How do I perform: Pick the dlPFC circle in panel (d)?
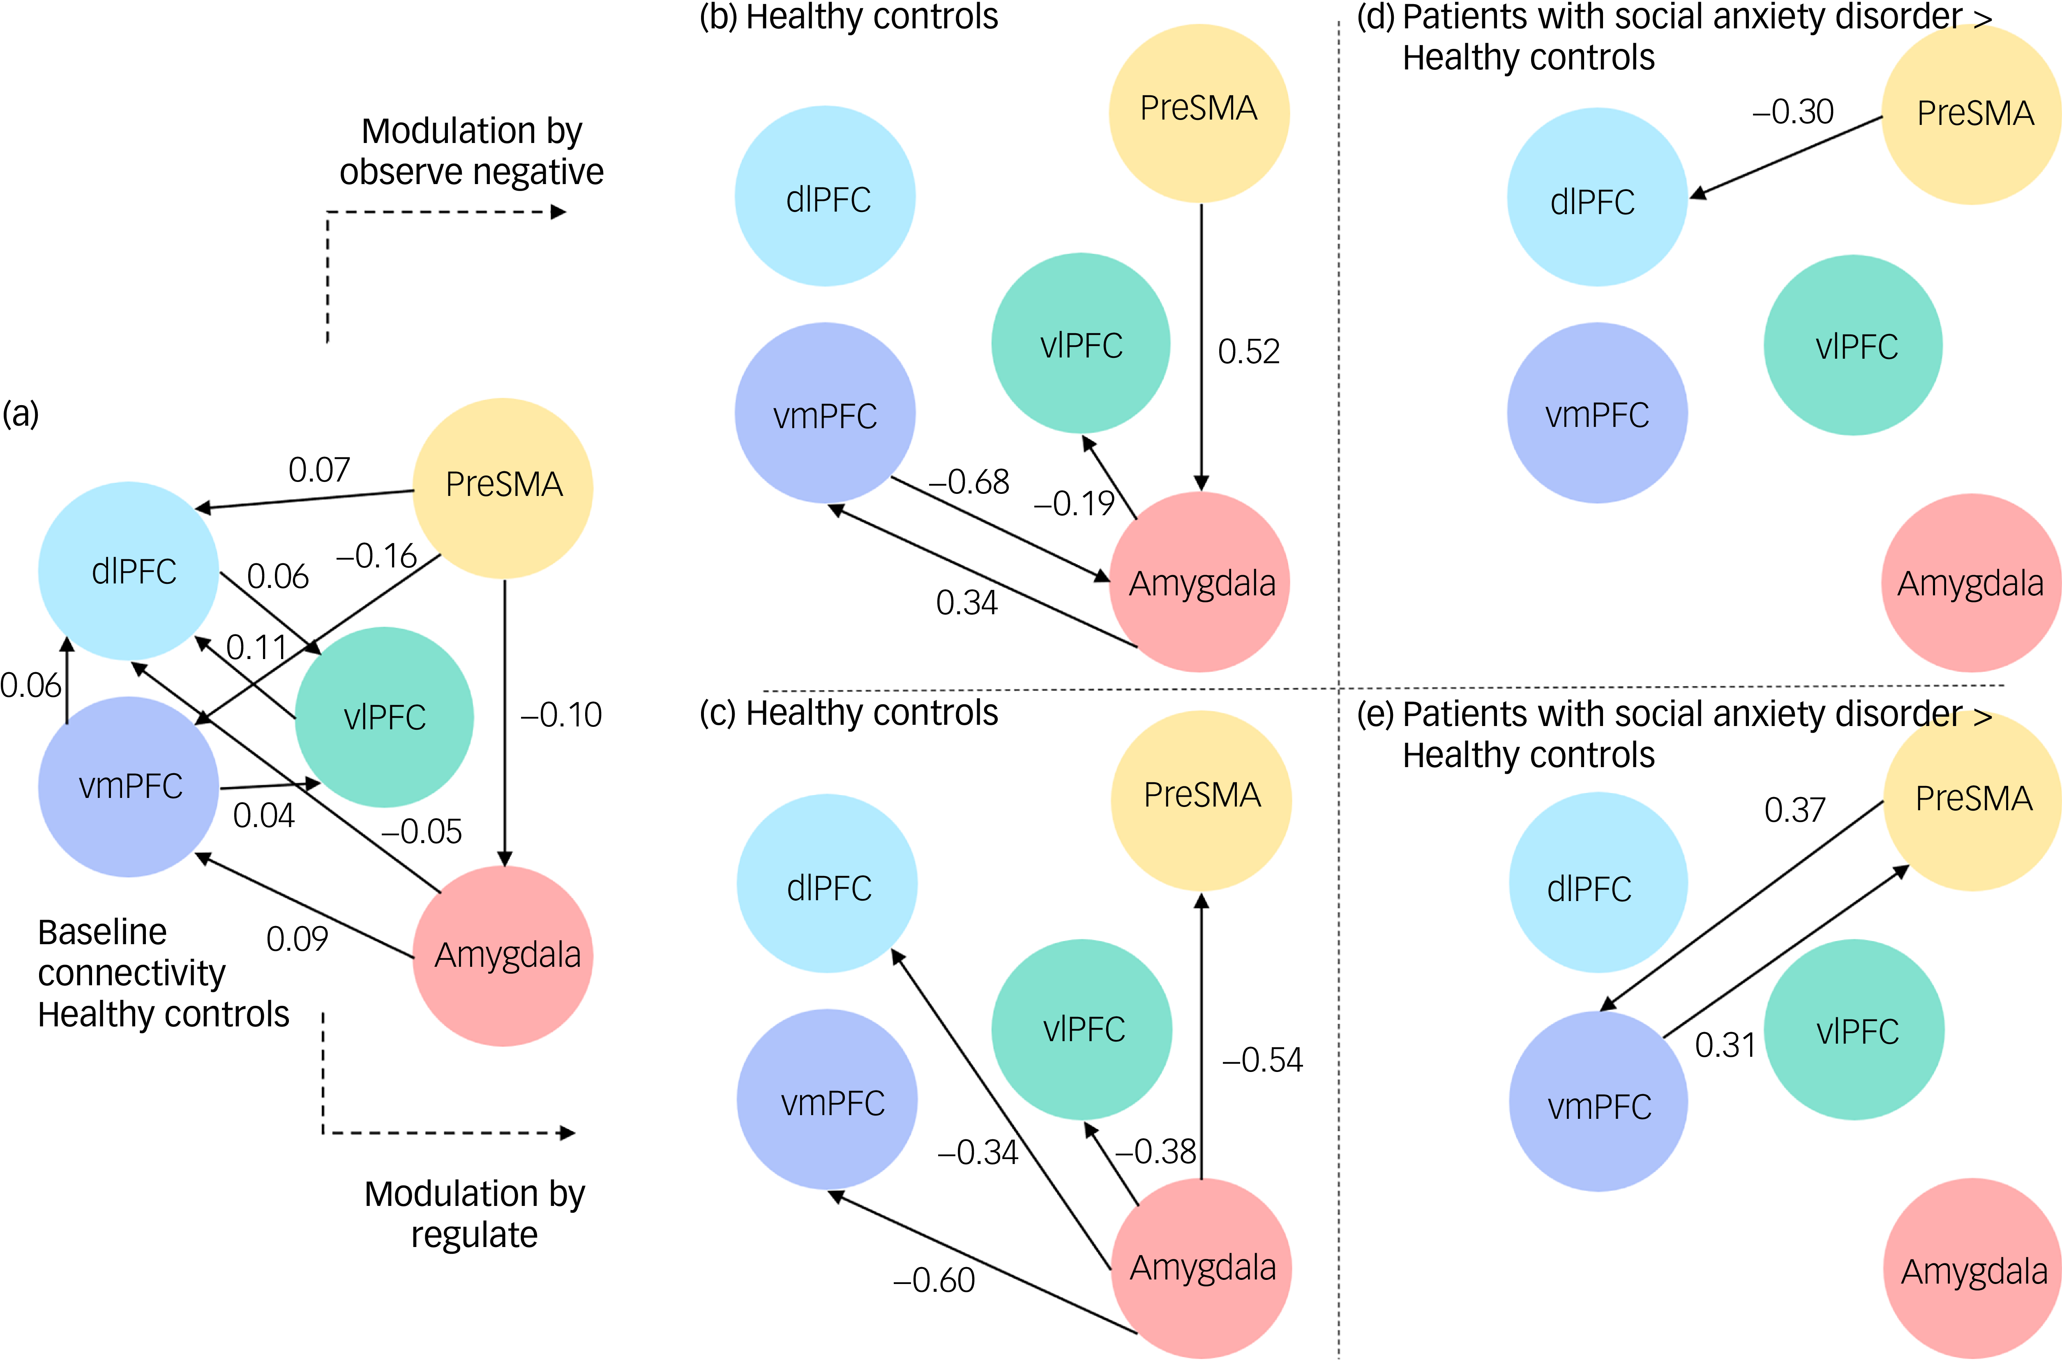point(1597,197)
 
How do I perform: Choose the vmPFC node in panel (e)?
point(1599,1102)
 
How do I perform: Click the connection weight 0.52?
point(1248,351)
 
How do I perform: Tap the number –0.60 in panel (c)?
point(934,1280)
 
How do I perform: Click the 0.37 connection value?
point(1795,810)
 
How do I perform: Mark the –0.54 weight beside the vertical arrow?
point(1262,1060)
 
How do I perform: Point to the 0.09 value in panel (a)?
point(297,938)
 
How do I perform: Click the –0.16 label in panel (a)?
point(376,556)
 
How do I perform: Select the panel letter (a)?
point(21,414)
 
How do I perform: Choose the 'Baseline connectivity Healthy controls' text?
point(163,973)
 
